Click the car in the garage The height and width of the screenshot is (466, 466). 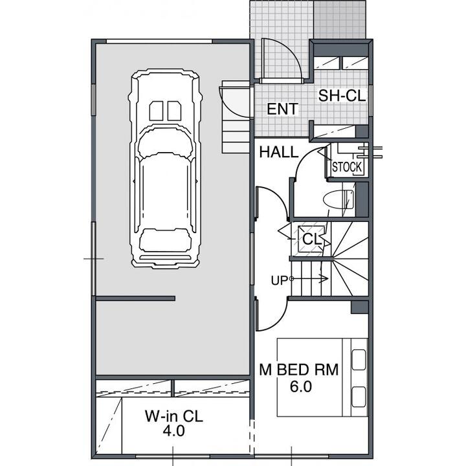[165, 169]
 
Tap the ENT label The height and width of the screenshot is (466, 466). [282, 109]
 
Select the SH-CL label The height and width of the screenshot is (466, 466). [342, 96]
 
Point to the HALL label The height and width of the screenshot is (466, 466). [278, 152]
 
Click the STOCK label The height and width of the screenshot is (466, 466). [347, 168]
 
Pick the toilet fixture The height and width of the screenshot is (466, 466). [338, 200]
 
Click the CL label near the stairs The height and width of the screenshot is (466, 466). [312, 239]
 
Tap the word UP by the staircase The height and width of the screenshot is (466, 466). [279, 280]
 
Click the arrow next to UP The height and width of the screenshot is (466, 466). [309, 278]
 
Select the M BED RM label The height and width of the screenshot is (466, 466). [298, 370]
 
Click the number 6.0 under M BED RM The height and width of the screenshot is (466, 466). [301, 386]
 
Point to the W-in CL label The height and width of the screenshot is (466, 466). [174, 416]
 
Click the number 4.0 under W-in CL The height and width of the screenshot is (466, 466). [174, 431]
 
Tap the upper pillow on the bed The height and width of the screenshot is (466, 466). [359, 360]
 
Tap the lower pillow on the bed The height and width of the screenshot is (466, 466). [359, 397]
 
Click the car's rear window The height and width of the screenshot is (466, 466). [165, 240]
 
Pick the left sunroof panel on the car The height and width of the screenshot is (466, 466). [156, 111]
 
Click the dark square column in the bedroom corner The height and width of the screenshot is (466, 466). [360, 307]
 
